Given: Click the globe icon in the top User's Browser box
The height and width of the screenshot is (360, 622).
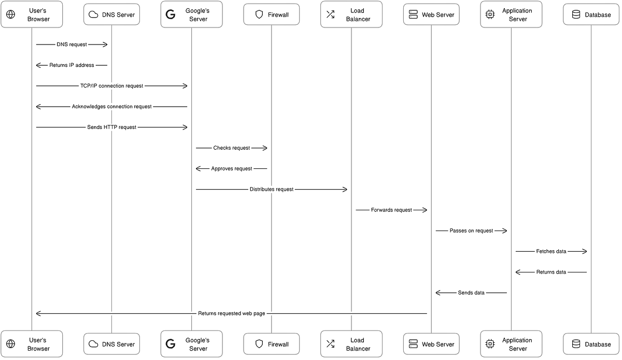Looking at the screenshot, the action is point(10,15).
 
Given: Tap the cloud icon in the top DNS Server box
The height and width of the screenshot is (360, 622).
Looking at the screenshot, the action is point(93,15).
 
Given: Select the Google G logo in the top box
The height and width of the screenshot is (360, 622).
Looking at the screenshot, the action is point(170,15).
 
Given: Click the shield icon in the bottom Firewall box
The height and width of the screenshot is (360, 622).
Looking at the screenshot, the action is point(259,344).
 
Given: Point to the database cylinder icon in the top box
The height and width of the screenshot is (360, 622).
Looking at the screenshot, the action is point(576,15).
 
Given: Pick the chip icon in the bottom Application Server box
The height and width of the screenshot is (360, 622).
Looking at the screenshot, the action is point(490,344).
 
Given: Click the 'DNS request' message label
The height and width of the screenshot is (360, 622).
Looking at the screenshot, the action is point(72,45).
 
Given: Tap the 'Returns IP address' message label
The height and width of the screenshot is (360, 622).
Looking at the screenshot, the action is point(72,65).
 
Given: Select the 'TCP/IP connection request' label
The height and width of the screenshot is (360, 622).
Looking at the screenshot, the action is point(111,86).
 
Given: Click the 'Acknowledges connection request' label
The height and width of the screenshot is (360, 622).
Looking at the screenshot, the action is point(111,107).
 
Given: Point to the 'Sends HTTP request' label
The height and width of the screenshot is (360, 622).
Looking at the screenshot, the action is point(111,127).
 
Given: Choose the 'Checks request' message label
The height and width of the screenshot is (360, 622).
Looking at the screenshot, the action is point(232,148).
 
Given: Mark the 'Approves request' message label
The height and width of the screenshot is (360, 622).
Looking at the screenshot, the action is point(232,169).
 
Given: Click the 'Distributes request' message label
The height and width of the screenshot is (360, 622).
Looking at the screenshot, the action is point(272,189).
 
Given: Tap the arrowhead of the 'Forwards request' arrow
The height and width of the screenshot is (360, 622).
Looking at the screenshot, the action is point(425,210).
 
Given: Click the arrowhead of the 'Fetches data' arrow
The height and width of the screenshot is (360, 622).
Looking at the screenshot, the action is point(585,251).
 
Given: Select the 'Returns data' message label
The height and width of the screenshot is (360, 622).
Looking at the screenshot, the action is point(551,272).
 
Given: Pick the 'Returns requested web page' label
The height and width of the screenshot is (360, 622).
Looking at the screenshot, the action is point(232,313).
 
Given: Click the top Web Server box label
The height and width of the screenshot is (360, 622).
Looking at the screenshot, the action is point(438,15).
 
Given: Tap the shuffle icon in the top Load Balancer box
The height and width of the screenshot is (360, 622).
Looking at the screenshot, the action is point(331,15).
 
